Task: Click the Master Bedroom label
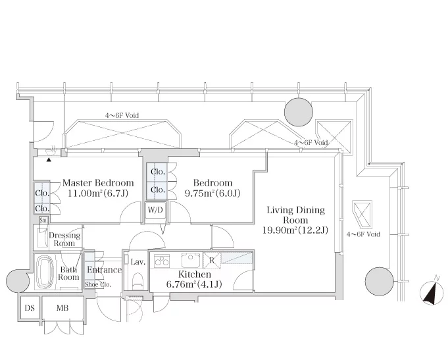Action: tap(98, 183)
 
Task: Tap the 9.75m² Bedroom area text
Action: tap(212, 194)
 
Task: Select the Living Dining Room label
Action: tap(296, 215)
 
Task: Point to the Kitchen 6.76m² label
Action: tap(194, 279)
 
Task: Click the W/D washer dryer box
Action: tap(155, 210)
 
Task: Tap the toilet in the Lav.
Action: tap(138, 281)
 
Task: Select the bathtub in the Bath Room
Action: tap(45, 272)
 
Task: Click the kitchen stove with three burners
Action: tap(162, 261)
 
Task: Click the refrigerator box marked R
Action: tap(212, 261)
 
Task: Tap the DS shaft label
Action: tap(30, 308)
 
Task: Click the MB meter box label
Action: tap(62, 308)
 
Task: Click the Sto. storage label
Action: tap(43, 220)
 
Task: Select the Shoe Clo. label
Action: tap(98, 284)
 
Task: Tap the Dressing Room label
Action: tap(64, 240)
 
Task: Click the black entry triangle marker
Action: tap(49, 160)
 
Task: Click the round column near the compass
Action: tap(380, 281)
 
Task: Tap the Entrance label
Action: tap(105, 270)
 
